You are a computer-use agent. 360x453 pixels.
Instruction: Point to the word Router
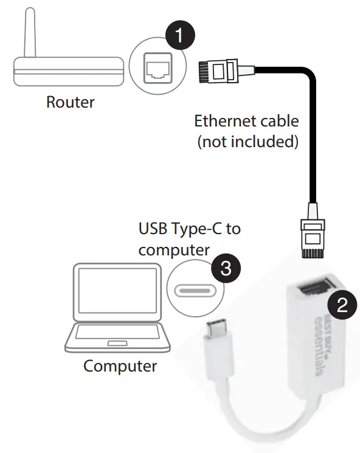click(71, 102)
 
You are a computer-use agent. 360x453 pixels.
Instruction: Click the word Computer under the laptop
click(120, 366)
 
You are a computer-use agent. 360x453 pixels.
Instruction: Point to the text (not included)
click(246, 142)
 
